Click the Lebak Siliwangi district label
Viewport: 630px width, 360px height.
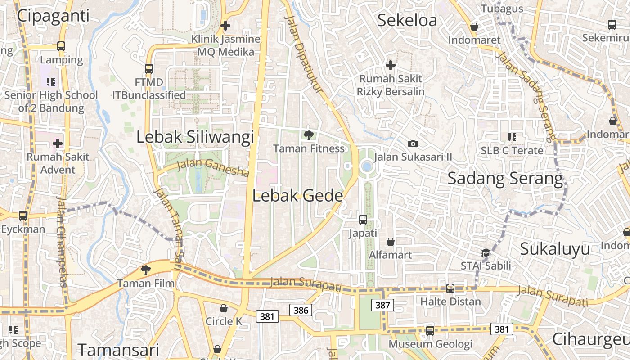195,137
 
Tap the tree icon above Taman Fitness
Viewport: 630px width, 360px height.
309,135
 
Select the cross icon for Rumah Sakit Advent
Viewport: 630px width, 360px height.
58,144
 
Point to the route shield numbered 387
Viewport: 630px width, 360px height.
382,305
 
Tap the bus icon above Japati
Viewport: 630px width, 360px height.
363,220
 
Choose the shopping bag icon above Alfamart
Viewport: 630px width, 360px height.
391,242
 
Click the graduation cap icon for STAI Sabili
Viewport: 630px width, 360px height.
486,252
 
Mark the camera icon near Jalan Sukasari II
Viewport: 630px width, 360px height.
413,144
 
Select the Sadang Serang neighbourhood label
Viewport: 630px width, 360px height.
505,179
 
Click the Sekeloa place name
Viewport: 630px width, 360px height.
407,20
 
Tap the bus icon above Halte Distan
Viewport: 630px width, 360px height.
450,288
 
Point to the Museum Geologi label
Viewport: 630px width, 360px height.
431,344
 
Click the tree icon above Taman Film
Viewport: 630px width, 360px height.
145,270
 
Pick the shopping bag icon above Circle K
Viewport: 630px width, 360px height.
224,308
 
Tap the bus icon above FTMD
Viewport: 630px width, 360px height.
149,69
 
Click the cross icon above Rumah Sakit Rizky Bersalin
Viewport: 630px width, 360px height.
391,65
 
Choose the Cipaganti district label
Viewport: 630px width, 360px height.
53,15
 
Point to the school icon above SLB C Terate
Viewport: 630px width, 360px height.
512,137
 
